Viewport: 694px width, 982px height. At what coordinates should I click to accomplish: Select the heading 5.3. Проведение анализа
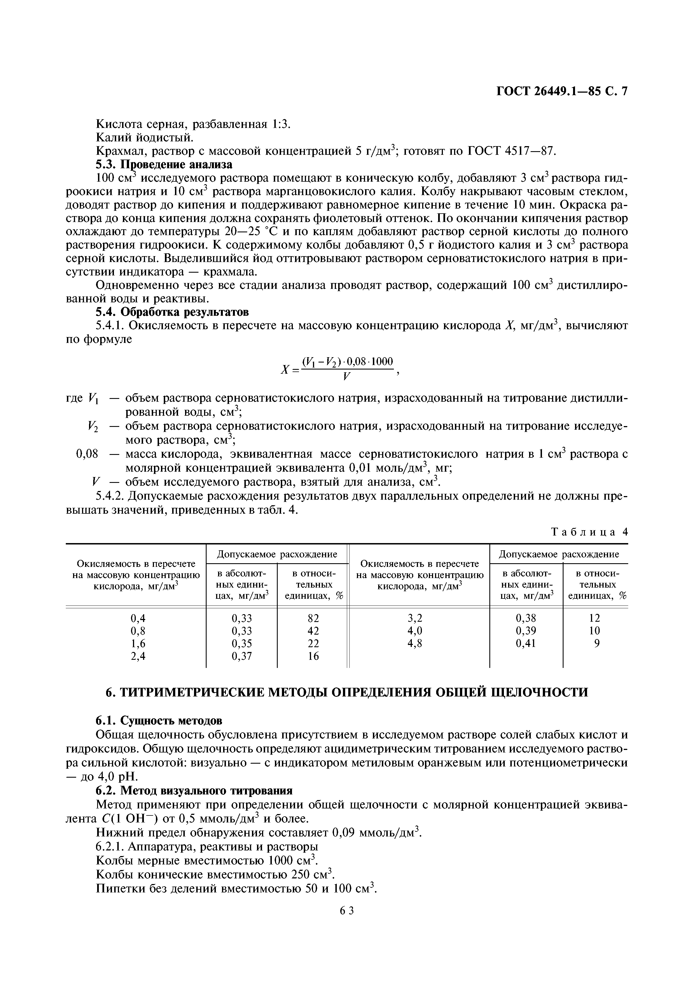(x=164, y=165)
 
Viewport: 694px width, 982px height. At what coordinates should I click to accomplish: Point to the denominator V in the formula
(x=347, y=377)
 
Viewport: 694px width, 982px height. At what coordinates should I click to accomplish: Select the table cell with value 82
(x=313, y=618)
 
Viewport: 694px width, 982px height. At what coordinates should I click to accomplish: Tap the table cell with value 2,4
(x=138, y=656)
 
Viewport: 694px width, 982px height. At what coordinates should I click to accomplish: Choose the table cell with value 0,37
(x=242, y=656)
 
